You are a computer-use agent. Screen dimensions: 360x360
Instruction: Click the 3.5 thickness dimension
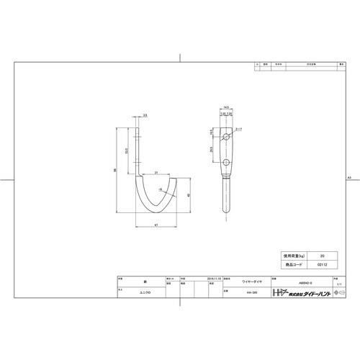coord(145,115)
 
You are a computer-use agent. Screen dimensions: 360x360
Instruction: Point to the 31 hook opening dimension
coord(156,171)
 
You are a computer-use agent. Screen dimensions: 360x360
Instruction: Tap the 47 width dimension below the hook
coord(155,225)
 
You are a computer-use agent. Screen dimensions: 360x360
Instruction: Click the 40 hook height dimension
coord(189,194)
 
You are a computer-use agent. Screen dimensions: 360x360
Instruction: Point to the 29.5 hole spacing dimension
coord(212,149)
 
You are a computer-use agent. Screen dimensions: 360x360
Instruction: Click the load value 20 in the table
coord(322,256)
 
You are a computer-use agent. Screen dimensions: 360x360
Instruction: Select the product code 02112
coord(322,264)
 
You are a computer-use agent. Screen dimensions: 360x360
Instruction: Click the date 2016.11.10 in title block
coord(214,278)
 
